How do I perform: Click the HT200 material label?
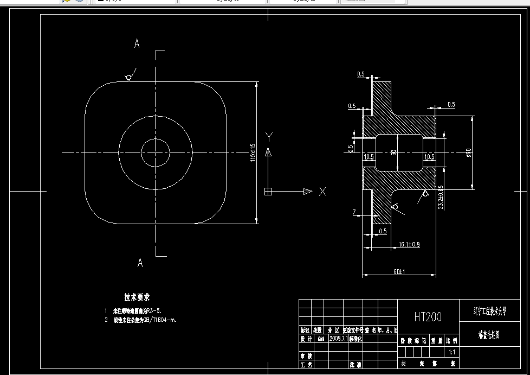point(428,317)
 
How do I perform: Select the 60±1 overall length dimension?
point(400,271)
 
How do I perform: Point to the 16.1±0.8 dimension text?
point(409,245)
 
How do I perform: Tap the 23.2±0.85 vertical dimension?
point(441,197)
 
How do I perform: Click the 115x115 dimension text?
point(253,152)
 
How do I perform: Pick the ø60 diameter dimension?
point(468,154)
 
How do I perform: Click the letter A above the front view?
point(137,44)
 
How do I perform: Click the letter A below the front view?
point(140,263)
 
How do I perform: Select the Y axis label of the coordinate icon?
point(268,136)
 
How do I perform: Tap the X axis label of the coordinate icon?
point(322,192)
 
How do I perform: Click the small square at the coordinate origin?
point(268,191)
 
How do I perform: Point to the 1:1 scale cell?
point(451,352)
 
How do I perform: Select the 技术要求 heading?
point(137,297)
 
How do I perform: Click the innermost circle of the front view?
point(156,152)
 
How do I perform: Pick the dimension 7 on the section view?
point(353,212)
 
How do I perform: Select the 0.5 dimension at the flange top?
point(361,74)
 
